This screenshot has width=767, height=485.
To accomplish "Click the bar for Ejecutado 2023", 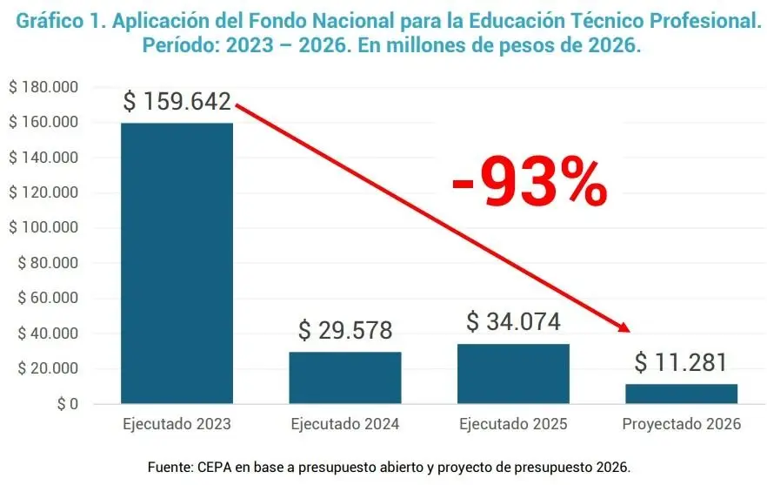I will [x=177, y=263].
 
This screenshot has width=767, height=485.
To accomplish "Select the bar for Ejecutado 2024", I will [x=345, y=378].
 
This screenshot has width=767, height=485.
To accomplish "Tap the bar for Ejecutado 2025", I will [x=513, y=374].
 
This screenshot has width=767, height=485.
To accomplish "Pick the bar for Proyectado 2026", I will [x=681, y=394].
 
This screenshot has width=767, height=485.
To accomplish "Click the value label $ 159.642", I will [x=177, y=102].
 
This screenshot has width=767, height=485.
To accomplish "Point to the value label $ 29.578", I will [x=345, y=331].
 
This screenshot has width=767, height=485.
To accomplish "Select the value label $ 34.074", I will [x=513, y=322].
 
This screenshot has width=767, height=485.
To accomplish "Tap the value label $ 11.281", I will [x=681, y=362].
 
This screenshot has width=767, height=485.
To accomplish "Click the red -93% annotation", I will [x=529, y=182].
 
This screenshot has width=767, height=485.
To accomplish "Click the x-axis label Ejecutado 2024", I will [x=345, y=425].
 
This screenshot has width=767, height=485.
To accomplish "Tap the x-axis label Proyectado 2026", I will [x=681, y=425].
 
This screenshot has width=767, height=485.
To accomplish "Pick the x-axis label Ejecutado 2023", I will [x=177, y=425].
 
